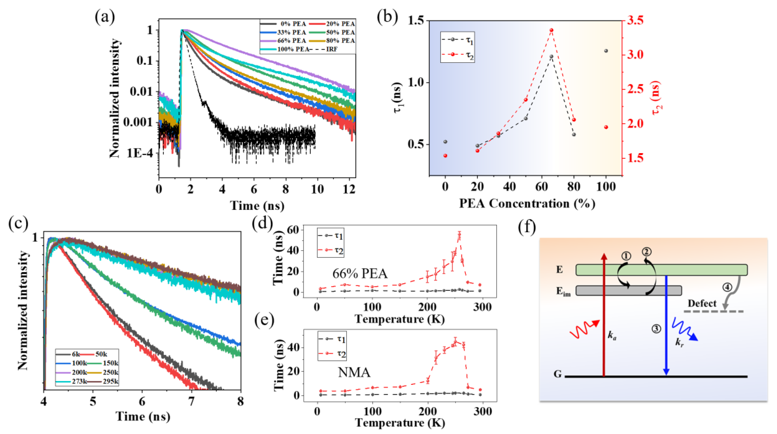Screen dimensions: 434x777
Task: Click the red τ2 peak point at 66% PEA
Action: [551, 30]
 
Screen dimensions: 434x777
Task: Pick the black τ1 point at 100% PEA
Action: [606, 51]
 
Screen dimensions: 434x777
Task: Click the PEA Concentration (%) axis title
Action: [527, 204]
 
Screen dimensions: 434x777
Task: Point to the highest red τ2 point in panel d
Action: [459, 234]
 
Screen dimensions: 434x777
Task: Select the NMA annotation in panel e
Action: [354, 372]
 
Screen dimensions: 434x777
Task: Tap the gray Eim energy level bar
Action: [629, 290]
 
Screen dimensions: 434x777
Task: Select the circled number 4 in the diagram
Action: [727, 287]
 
